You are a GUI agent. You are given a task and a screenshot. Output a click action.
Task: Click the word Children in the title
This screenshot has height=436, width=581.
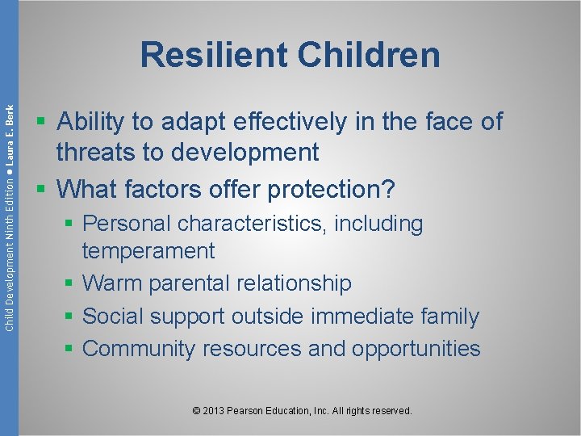(369, 55)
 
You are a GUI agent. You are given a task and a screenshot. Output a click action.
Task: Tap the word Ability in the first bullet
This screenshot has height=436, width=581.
(90, 122)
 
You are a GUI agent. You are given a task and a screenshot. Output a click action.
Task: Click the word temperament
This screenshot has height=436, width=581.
(148, 251)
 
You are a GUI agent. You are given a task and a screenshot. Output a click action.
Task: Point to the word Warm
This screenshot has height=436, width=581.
(113, 283)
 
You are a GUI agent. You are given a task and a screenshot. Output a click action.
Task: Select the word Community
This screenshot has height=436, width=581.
(139, 349)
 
